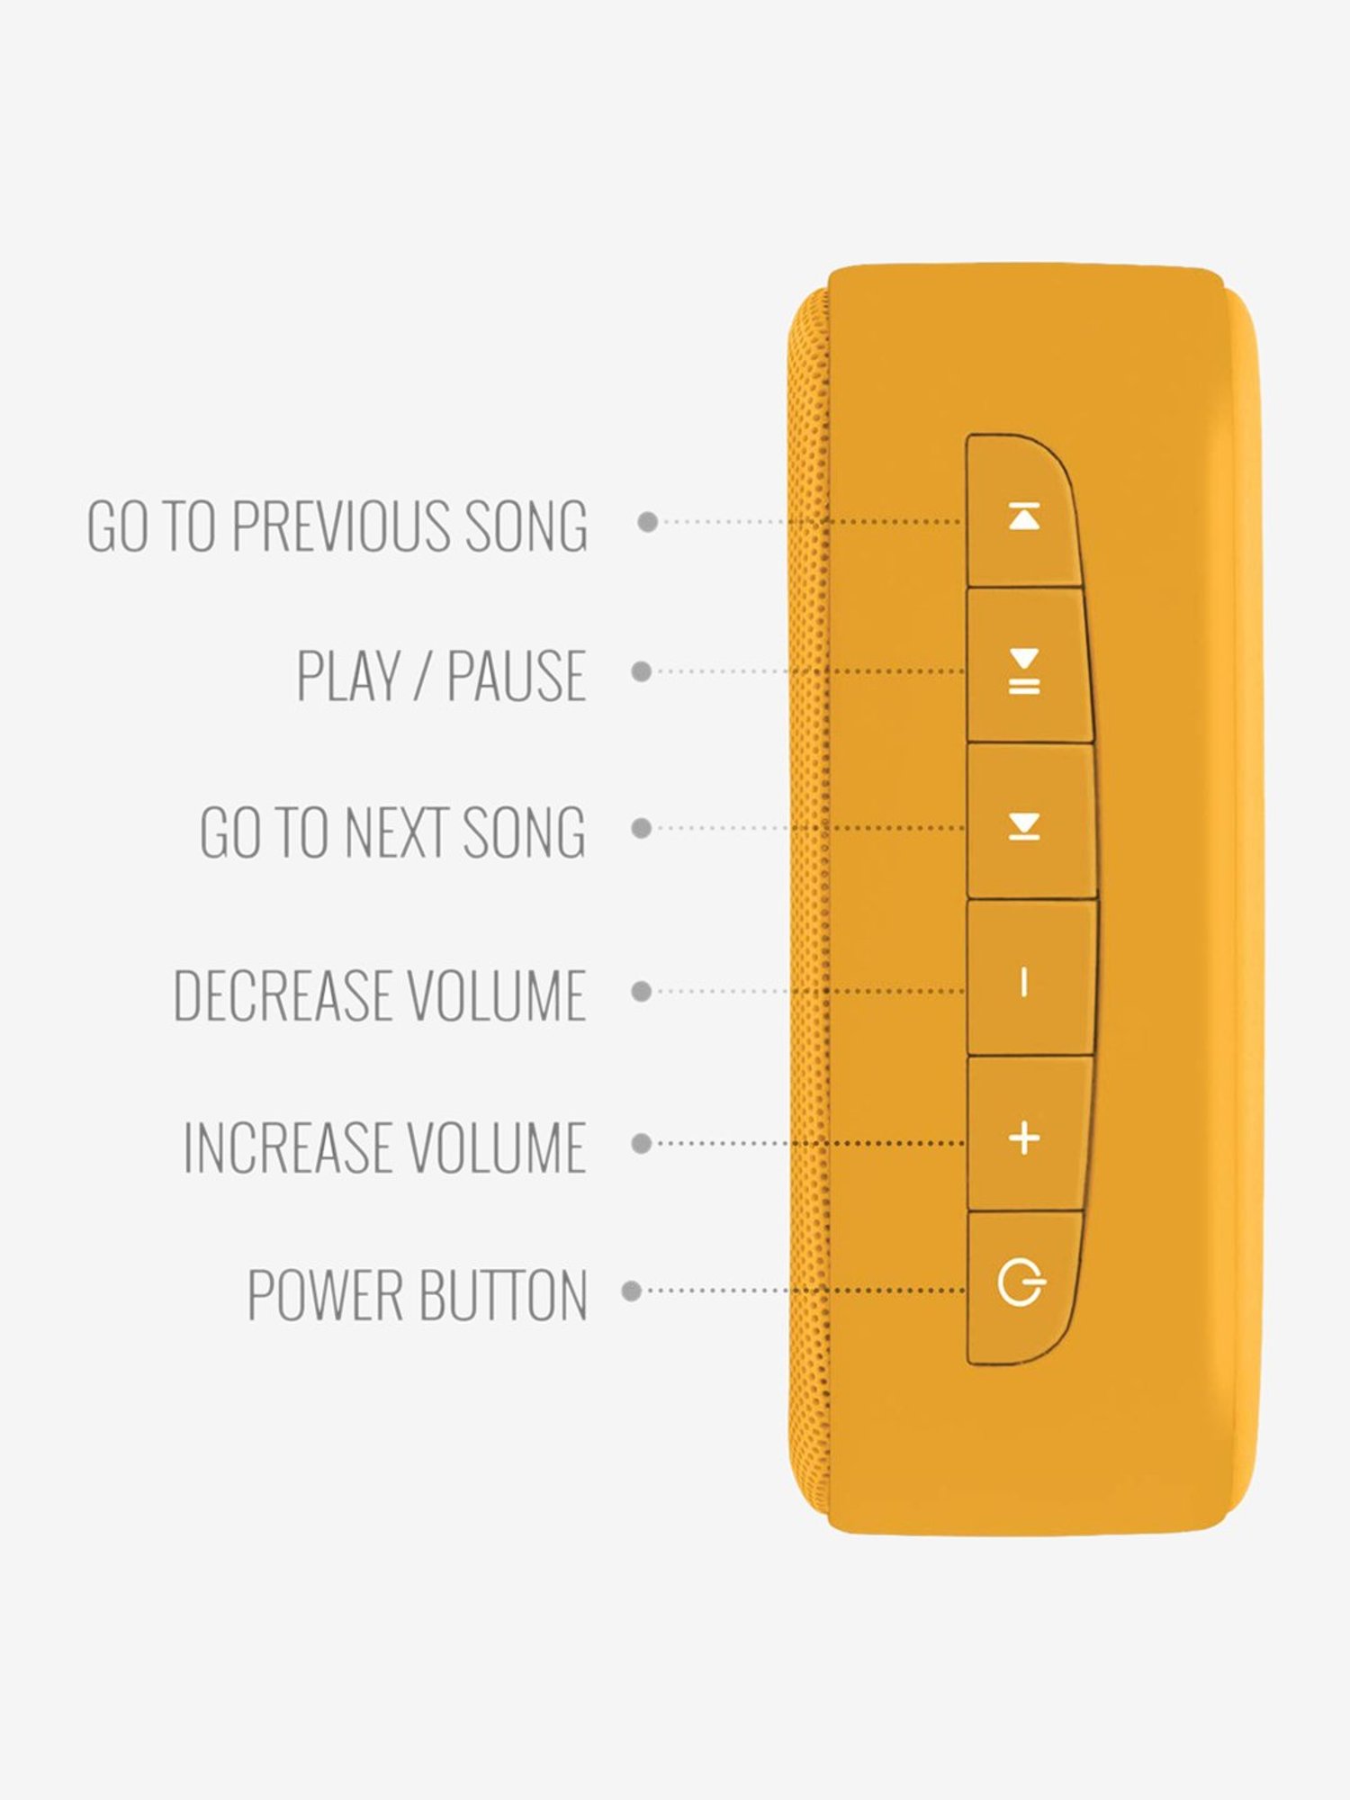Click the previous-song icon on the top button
(1024, 517)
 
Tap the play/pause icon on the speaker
(1024, 671)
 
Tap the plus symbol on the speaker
(1024, 1138)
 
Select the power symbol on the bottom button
(1021, 1283)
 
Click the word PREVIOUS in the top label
(340, 525)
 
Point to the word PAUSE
(517, 675)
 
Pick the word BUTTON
(503, 1295)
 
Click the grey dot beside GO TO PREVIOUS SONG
(647, 521)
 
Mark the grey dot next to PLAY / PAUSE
(641, 671)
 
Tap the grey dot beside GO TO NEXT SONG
(641, 828)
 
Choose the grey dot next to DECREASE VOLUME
(641, 991)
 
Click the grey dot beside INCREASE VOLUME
(641, 1143)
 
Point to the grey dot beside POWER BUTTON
(632, 1291)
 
